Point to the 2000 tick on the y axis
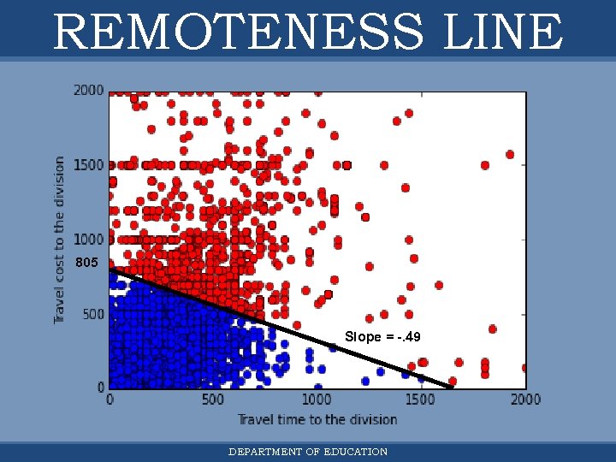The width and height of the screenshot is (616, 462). coord(89,90)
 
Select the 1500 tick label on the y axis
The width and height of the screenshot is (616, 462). coord(89,164)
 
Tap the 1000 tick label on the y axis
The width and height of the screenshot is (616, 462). coord(89,239)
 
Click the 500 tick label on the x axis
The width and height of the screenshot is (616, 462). coord(212,400)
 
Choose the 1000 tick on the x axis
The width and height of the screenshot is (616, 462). coord(316,400)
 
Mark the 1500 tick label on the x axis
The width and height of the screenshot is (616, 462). coord(420,400)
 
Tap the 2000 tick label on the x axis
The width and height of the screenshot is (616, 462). coord(524,400)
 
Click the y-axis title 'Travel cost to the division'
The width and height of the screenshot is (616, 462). coord(60,240)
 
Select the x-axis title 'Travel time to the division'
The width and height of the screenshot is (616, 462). coord(317,419)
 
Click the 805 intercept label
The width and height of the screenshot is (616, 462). coord(86,263)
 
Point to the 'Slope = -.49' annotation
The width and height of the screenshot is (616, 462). coord(382,337)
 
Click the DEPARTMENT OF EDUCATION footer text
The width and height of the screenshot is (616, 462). coord(308,452)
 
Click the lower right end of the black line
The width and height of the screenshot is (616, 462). coord(451,387)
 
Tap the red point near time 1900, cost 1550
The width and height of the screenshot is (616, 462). coord(510,155)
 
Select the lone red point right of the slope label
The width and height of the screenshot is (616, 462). coord(493,329)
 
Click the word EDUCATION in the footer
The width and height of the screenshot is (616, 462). coord(356,452)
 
